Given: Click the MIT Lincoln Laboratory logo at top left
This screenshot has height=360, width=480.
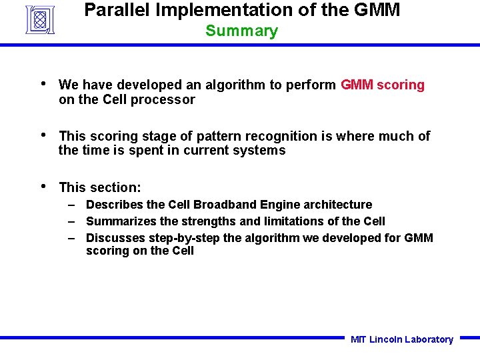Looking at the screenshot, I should pyautogui.click(x=39, y=19).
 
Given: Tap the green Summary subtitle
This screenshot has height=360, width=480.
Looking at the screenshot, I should pyautogui.click(x=241, y=31).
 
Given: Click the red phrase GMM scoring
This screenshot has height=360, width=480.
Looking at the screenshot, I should pyautogui.click(x=383, y=85).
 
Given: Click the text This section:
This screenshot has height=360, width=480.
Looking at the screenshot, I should pyautogui.click(x=100, y=187).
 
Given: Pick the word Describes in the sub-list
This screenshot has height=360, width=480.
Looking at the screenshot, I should pyautogui.click(x=111, y=205).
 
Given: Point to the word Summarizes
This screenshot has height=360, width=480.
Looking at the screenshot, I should pyautogui.click(x=119, y=221).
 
